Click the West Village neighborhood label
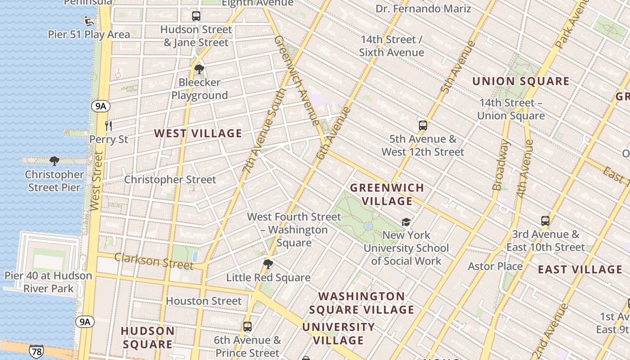tap(198, 133)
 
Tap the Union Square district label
tap(521, 81)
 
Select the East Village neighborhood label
tap(580, 270)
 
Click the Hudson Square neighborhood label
tap(148, 337)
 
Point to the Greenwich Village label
tap(387, 194)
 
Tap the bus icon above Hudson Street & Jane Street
tap(196, 16)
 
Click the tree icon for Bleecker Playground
tap(199, 69)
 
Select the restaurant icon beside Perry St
tap(108, 126)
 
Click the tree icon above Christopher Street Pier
tap(54, 161)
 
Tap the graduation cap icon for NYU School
tap(406, 222)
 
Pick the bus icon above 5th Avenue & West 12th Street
tap(423, 126)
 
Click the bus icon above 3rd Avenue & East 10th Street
tap(545, 221)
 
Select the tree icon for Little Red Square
tap(268, 264)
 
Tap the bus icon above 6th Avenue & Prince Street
tap(247, 327)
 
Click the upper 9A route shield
tap(100, 106)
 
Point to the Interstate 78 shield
tap(36, 351)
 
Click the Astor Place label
tap(495, 266)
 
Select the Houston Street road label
tap(203, 301)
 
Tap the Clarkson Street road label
tap(153, 261)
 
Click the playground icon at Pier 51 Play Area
tap(88, 20)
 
